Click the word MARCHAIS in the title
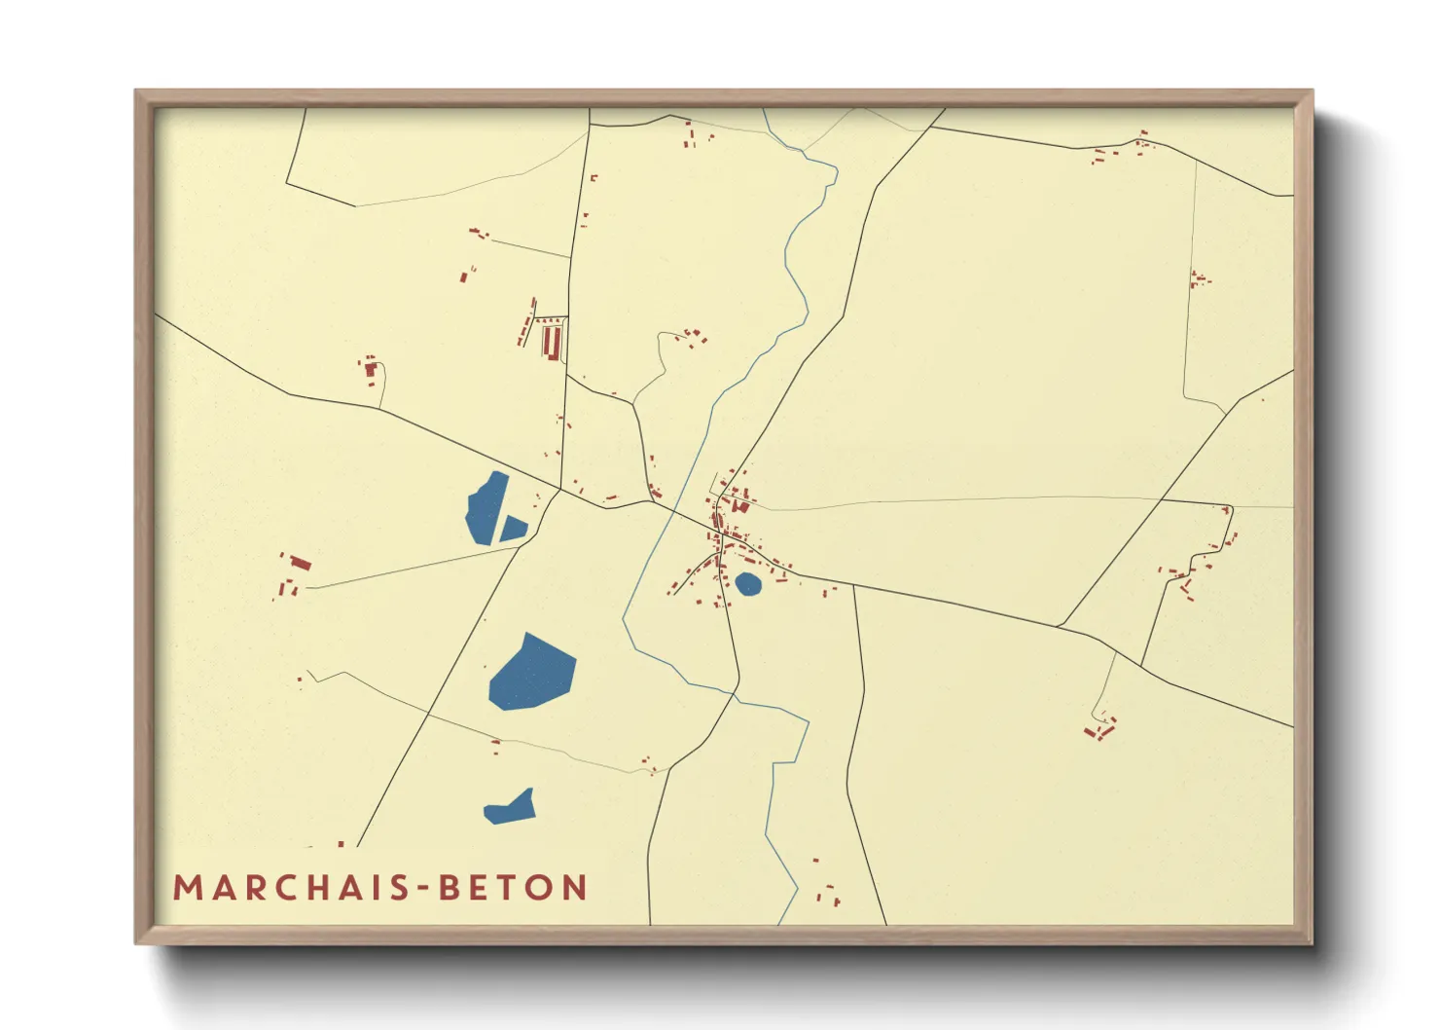293,888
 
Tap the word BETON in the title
513,888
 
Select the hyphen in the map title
424,889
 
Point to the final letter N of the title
575,888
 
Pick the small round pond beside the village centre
747,583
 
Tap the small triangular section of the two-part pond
512,529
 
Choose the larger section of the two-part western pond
486,507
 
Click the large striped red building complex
552,342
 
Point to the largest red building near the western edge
301,563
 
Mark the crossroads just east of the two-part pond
560,490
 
